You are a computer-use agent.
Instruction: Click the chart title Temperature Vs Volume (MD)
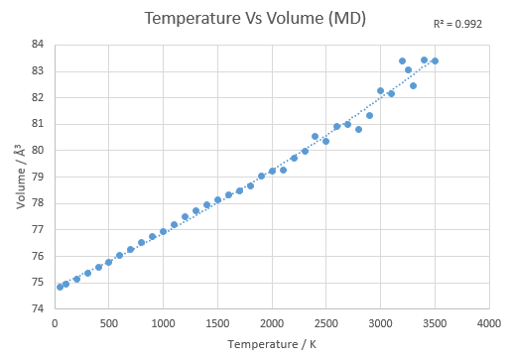(255, 18)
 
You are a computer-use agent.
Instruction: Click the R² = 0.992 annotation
(457, 24)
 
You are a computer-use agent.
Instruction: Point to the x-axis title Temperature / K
(272, 344)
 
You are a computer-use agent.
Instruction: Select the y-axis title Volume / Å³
(21, 177)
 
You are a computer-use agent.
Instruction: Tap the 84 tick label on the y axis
(38, 44)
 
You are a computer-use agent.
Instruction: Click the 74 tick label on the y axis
(38, 308)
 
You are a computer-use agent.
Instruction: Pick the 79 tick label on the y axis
(38, 177)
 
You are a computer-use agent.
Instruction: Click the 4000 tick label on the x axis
(489, 323)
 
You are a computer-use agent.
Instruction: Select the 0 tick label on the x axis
(55, 323)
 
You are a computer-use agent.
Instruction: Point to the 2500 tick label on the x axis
(325, 323)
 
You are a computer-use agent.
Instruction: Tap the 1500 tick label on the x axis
(217, 323)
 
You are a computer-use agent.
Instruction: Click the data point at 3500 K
(435, 60)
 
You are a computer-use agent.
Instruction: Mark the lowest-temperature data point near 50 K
(60, 287)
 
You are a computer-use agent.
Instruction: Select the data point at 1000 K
(163, 231)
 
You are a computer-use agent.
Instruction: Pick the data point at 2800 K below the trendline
(358, 129)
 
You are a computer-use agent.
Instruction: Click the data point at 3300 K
(413, 85)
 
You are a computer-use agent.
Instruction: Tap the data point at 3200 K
(402, 60)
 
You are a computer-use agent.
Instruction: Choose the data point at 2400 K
(315, 136)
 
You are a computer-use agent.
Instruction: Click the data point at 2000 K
(272, 171)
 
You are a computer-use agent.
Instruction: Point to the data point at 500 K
(108, 262)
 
